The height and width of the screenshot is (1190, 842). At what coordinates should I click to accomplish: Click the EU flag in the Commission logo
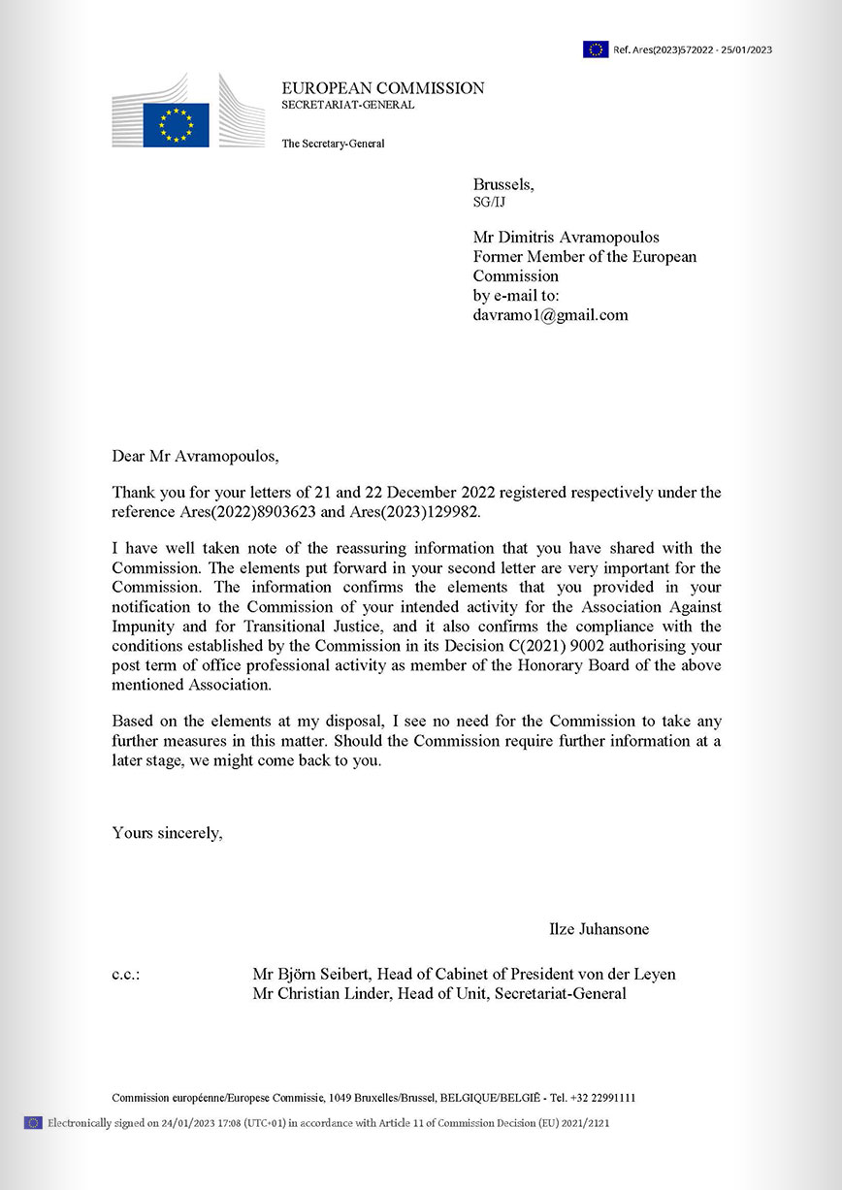[x=176, y=124]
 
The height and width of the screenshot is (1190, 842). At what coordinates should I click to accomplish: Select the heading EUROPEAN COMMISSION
[x=383, y=88]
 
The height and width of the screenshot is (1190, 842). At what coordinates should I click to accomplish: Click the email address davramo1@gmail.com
[x=550, y=315]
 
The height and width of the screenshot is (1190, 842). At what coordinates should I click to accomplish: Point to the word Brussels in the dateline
[x=502, y=184]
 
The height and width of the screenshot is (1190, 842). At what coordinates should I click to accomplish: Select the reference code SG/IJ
[x=489, y=203]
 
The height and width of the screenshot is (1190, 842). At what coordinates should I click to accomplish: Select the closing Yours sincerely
[x=167, y=832]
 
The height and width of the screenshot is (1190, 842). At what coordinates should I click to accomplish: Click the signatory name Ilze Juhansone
[x=599, y=929]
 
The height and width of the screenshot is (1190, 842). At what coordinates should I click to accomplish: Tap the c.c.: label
[x=126, y=974]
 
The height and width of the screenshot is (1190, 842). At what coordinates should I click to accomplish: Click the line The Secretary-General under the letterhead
[x=333, y=144]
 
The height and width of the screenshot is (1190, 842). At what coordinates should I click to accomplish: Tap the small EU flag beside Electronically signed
[x=33, y=1123]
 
